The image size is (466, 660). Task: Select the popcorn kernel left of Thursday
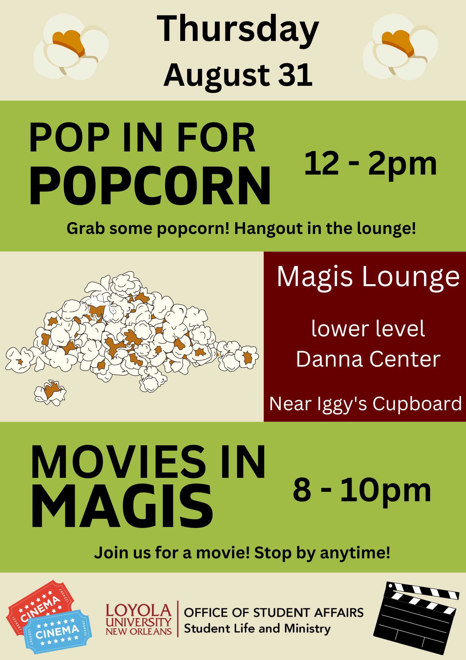[x=71, y=47]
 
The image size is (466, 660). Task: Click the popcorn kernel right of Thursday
[x=400, y=47]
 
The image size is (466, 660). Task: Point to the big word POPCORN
[x=150, y=186]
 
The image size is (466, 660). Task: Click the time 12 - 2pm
[x=370, y=164]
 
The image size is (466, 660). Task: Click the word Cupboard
[x=417, y=404]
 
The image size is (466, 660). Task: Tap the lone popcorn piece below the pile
[x=50, y=392]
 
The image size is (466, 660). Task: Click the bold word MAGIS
[x=122, y=507]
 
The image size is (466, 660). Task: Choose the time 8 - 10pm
[x=362, y=491]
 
